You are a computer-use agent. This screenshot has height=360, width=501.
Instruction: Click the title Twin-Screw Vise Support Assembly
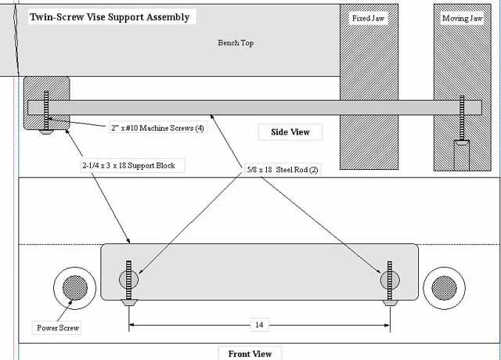click(110, 17)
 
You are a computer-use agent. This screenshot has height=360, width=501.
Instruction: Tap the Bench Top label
click(236, 42)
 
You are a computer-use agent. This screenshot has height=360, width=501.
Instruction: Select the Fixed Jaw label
click(368, 18)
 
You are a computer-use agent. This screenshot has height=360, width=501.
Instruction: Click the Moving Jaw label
click(462, 19)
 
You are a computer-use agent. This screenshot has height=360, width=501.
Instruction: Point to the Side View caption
click(290, 132)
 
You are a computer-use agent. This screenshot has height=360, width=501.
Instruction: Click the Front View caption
click(250, 354)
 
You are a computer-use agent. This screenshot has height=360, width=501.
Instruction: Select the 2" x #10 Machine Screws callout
click(157, 128)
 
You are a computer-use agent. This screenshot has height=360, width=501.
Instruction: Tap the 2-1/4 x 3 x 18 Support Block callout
click(128, 165)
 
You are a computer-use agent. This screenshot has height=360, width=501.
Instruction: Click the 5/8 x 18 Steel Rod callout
click(283, 170)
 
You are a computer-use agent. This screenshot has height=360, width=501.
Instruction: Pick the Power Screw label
click(58, 328)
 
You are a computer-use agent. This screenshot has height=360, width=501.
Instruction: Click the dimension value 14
click(259, 325)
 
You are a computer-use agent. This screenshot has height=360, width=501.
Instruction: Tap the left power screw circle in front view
click(75, 288)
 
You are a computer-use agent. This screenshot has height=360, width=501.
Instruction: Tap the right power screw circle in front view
click(444, 288)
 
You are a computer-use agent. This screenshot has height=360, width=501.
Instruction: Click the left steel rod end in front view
click(128, 279)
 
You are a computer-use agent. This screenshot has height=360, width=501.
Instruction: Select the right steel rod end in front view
click(390, 280)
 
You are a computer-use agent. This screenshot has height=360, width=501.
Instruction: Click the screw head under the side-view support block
click(46, 131)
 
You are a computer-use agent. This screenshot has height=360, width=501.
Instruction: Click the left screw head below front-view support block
click(129, 302)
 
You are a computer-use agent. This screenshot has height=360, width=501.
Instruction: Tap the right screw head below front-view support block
click(390, 303)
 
